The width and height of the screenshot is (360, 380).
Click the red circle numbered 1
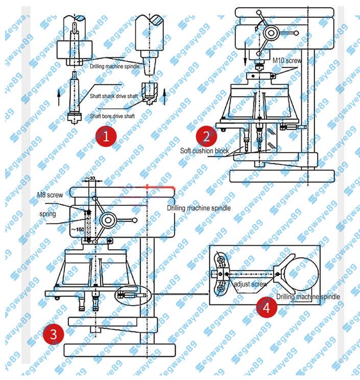coord(106,137)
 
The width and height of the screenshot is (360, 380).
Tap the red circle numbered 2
coord(206,136)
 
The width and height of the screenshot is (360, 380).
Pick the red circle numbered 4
coord(267,307)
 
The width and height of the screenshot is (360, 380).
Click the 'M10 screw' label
coord(287,60)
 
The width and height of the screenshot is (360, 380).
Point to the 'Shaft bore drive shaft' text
coord(112,116)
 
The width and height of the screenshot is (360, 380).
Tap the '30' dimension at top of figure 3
coord(92,178)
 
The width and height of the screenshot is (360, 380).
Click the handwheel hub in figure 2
coord(271,34)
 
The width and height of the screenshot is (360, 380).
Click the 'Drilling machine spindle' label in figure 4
coord(307,297)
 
